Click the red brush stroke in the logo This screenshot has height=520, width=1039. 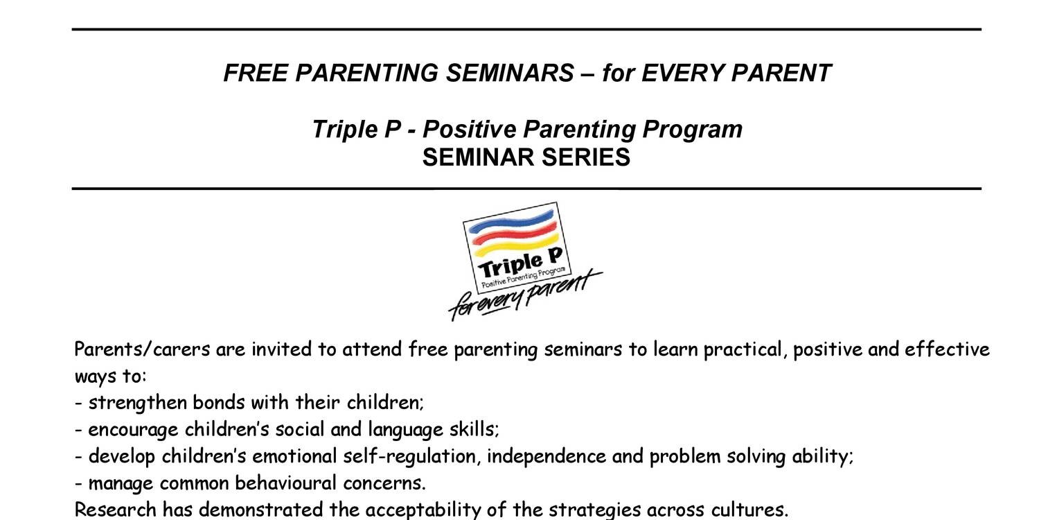pos(514,232)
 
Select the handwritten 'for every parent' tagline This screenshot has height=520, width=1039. pos(525,296)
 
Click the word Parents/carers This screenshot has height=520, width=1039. pos(142,349)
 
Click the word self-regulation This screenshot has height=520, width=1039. pos(409,456)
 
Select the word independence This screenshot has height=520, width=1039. pos(547,456)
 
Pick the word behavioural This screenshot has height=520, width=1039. pos(285,483)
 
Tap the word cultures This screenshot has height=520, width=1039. pos(749,510)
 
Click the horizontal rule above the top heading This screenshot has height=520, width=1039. pos(526,29)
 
